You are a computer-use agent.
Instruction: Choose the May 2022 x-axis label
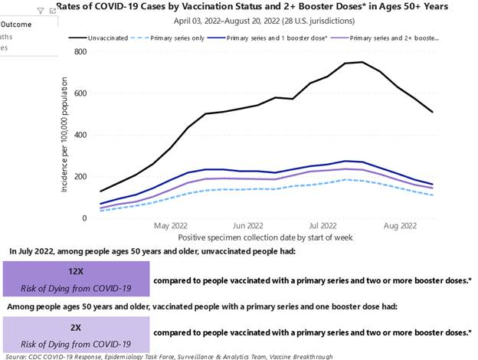(x=170, y=227)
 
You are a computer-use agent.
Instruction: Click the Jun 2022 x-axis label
(x=248, y=227)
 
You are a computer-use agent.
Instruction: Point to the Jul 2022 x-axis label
(x=322, y=227)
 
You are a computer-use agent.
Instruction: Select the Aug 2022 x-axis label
(x=400, y=227)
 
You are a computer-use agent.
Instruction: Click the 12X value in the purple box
(x=75, y=271)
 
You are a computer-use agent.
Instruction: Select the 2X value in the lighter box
(x=75, y=326)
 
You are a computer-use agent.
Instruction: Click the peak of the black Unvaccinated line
(x=362, y=62)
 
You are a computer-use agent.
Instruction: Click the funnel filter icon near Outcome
(x=41, y=11)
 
